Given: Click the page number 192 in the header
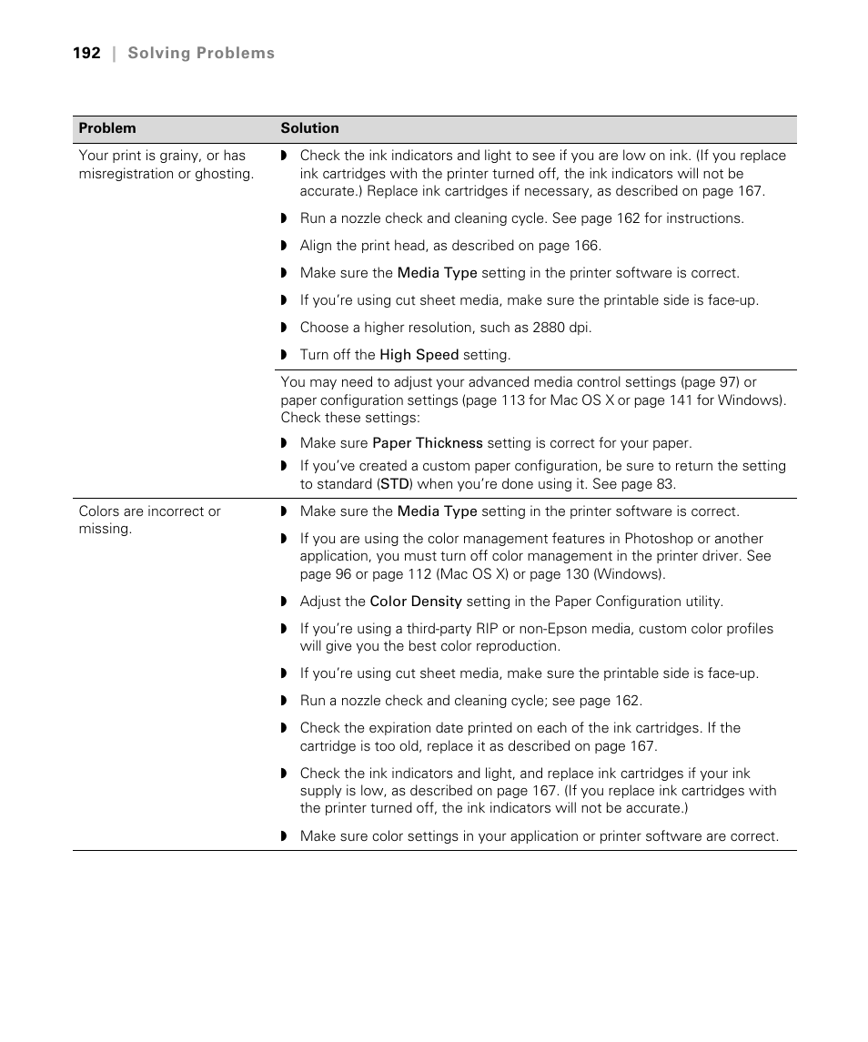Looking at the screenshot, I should (x=86, y=54).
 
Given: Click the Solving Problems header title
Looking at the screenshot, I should (x=200, y=54).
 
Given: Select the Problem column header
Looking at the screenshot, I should (x=107, y=128).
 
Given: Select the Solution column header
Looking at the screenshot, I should (x=309, y=128).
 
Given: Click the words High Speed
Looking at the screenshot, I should (x=419, y=355).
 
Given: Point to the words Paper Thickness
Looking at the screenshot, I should (x=428, y=443).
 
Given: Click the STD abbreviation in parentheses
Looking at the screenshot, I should (x=395, y=484).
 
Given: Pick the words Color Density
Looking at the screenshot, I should (x=416, y=602).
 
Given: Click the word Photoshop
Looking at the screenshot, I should (x=658, y=539).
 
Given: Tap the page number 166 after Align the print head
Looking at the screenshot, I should (x=586, y=246).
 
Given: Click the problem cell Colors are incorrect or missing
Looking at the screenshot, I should (x=149, y=520).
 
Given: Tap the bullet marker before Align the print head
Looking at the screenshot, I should (x=284, y=246).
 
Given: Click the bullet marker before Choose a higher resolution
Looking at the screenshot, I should (x=284, y=328).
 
